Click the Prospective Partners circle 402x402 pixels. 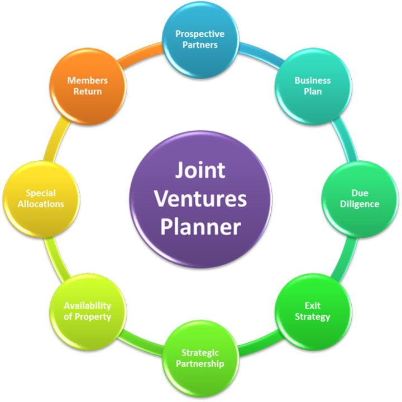(x=200, y=39)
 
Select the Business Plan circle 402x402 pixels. (x=313, y=85)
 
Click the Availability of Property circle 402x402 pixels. (x=87, y=312)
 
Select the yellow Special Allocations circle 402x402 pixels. (x=41, y=199)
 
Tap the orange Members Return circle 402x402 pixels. (x=87, y=85)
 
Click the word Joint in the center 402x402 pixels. (x=200, y=170)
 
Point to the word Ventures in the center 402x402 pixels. (x=200, y=198)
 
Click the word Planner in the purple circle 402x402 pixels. (x=200, y=227)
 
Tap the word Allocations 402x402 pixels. (x=41, y=204)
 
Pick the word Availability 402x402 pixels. (x=87, y=306)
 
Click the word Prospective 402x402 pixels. (x=200, y=33)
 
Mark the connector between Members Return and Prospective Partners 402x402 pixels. (x=142, y=51)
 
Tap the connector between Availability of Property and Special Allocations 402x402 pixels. (x=56, y=257)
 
